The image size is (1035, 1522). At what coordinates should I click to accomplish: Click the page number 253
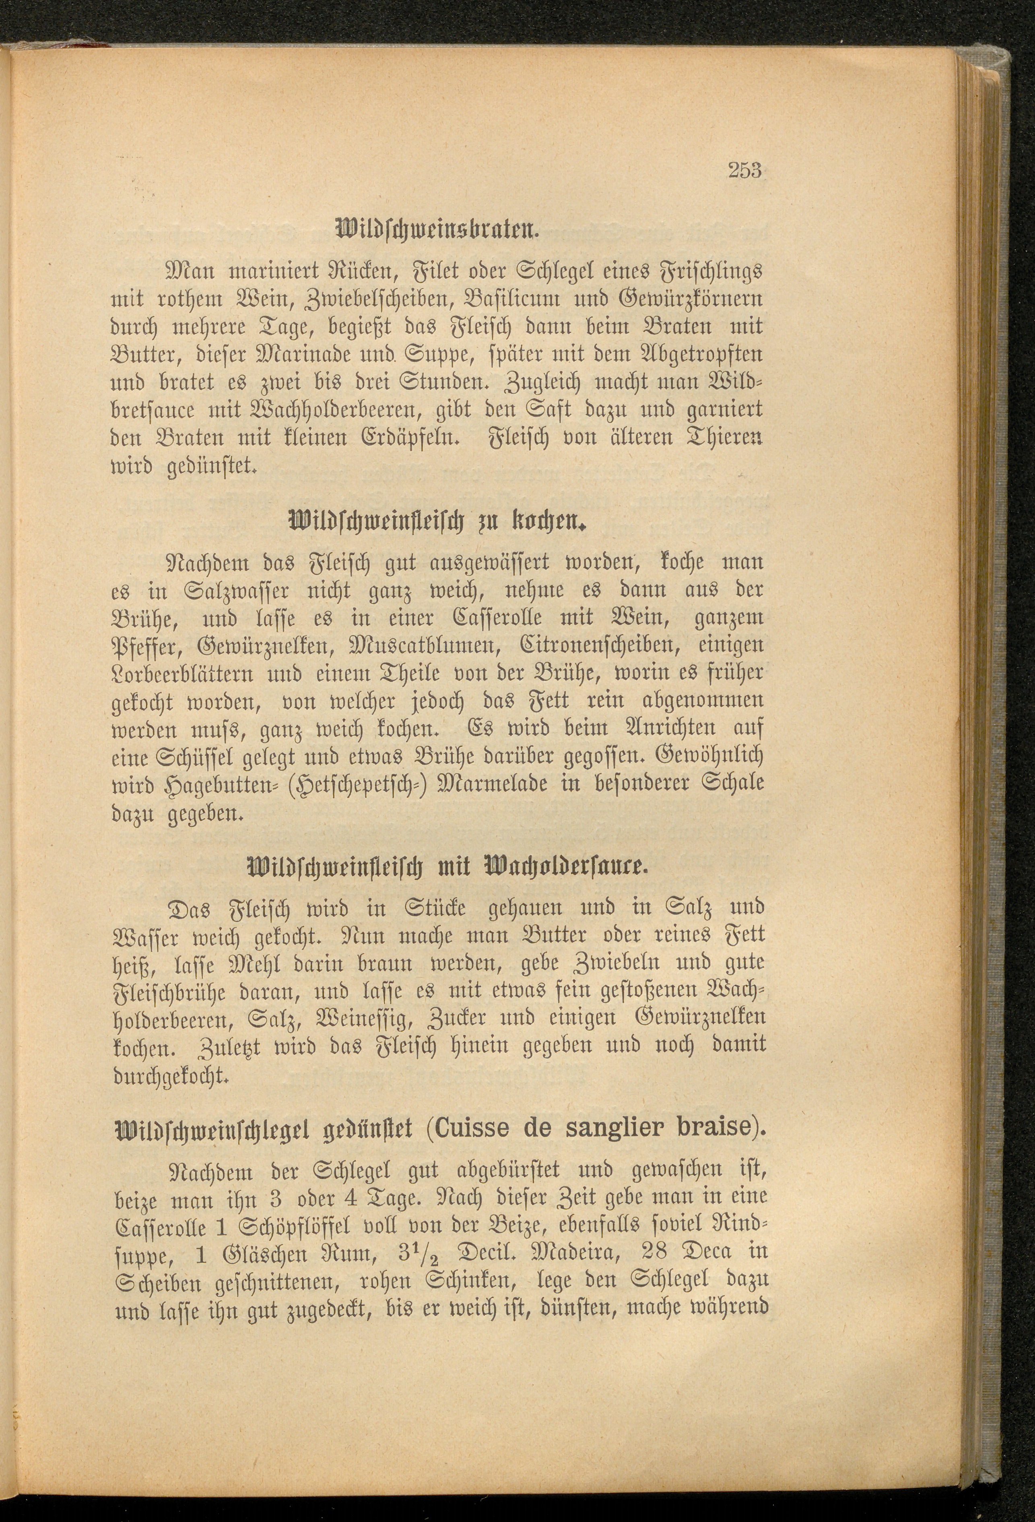point(744,171)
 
